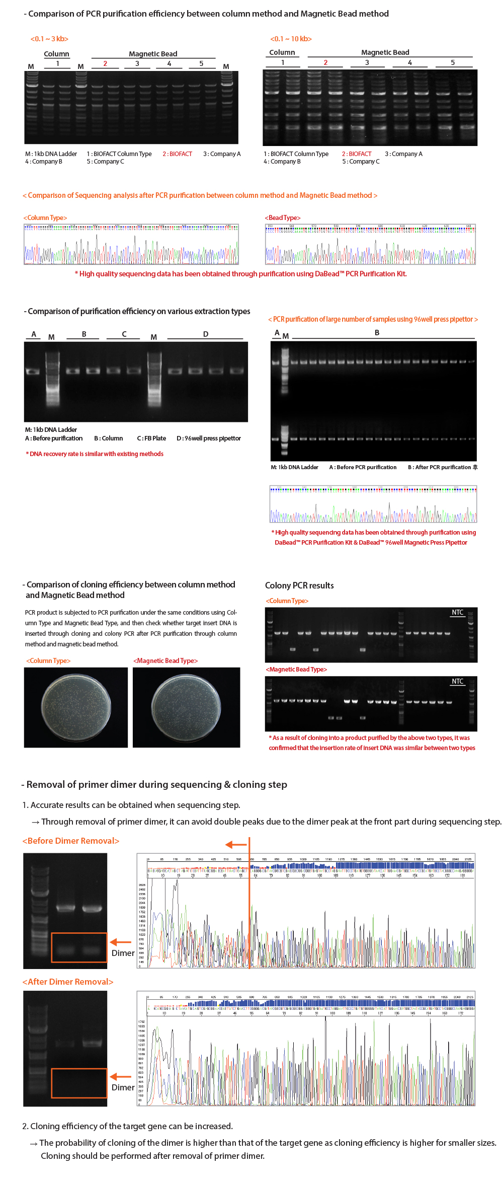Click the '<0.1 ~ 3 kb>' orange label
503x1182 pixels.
pyautogui.click(x=49, y=39)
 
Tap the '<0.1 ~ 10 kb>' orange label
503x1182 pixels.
pyautogui.click(x=291, y=39)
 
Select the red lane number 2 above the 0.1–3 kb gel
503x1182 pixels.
pyautogui.click(x=105, y=63)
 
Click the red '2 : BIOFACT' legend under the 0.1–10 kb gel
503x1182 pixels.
pyautogui.click(x=357, y=154)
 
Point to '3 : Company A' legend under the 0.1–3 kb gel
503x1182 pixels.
pyautogui.click(x=222, y=154)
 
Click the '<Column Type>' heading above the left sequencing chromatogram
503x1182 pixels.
pyautogui.click(x=45, y=217)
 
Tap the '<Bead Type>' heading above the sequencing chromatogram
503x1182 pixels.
pyautogui.click(x=283, y=217)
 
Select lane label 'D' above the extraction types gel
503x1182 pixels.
pyautogui.click(x=206, y=334)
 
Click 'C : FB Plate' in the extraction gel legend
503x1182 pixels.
pyautogui.click(x=151, y=438)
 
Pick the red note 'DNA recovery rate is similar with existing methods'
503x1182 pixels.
pyautogui.click(x=95, y=454)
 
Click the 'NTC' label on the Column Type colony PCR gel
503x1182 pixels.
pyautogui.click(x=457, y=612)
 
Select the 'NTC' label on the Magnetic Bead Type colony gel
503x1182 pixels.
pyautogui.click(x=457, y=681)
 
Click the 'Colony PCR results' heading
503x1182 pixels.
pyautogui.click(x=299, y=585)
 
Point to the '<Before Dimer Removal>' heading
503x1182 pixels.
pyautogui.click(x=71, y=841)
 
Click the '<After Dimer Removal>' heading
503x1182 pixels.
pyautogui.click(x=68, y=982)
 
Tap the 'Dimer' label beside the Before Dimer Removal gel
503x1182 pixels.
pyautogui.click(x=123, y=953)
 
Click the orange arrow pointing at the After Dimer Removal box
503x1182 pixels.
pyautogui.click(x=121, y=1076)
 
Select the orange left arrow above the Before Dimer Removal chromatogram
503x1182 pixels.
pyautogui.click(x=236, y=845)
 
